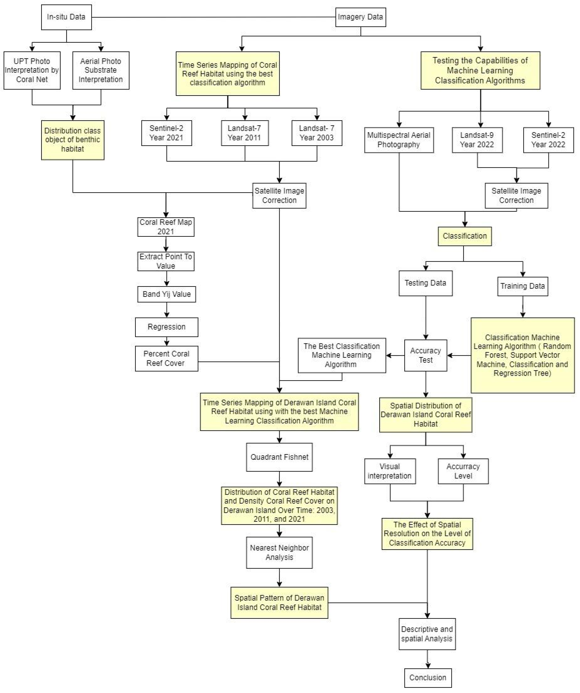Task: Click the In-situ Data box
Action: click(x=66, y=17)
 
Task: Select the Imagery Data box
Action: click(x=360, y=17)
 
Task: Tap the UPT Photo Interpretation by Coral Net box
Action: click(x=32, y=70)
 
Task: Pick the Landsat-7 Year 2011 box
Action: click(x=245, y=133)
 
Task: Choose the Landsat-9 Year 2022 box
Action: click(x=477, y=140)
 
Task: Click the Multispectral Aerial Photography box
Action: click(x=399, y=140)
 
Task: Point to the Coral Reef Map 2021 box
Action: click(x=166, y=227)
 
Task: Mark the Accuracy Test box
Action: click(x=426, y=355)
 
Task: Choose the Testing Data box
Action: click(x=426, y=283)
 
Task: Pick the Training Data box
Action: click(x=523, y=286)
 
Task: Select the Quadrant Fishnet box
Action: click(x=279, y=457)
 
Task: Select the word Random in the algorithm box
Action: click(x=557, y=346)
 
